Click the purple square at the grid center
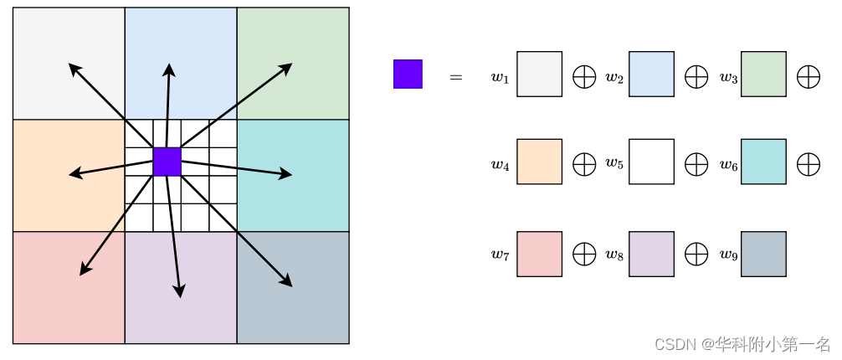pyautogui.click(x=167, y=162)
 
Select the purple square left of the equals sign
pyautogui.click(x=408, y=74)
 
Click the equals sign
pyautogui.click(x=456, y=77)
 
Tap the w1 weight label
pyautogui.click(x=500, y=78)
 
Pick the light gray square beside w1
pyautogui.click(x=539, y=74)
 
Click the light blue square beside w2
pyautogui.click(x=651, y=74)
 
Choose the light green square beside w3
pyautogui.click(x=763, y=74)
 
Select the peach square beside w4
pyautogui.click(x=539, y=162)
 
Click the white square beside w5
pyautogui.click(x=651, y=162)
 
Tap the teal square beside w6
pyautogui.click(x=763, y=162)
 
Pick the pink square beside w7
pyautogui.click(x=539, y=254)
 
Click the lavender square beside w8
pyautogui.click(x=651, y=254)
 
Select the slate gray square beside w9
pyautogui.click(x=763, y=254)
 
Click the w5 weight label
pyautogui.click(x=614, y=163)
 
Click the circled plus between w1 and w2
pyautogui.click(x=583, y=77)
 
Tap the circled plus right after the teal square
pyautogui.click(x=808, y=164)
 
